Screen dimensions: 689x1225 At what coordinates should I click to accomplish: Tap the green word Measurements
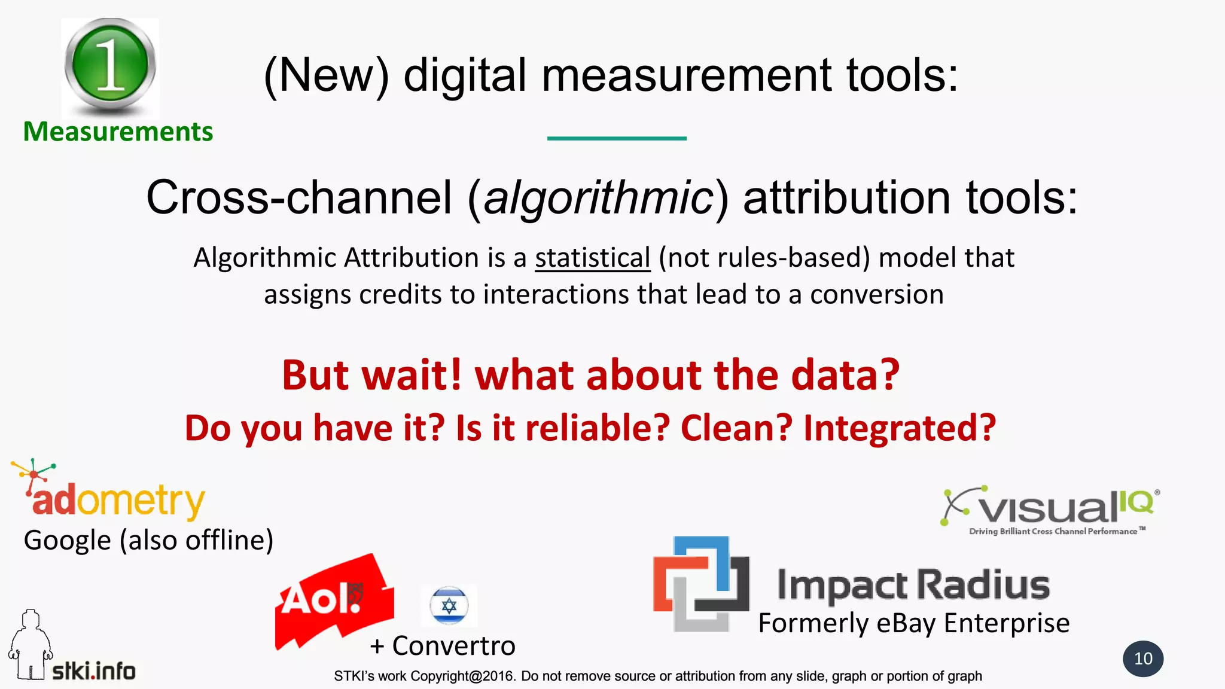[x=118, y=132]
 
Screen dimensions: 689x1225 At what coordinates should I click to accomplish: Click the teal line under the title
[x=617, y=138]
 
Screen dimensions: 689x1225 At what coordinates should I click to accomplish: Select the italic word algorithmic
[x=598, y=198]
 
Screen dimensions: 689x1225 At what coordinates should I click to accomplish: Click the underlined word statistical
[x=592, y=258]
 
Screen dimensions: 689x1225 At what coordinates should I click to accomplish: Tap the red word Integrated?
[x=899, y=428]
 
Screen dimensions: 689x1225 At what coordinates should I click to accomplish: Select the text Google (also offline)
[x=148, y=540]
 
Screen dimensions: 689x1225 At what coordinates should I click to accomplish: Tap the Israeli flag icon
[x=449, y=605]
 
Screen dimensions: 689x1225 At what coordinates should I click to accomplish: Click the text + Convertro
[x=443, y=646]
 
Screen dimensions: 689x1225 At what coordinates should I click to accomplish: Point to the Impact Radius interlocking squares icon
[x=700, y=584]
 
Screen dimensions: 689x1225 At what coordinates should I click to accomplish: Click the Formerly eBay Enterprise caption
[x=913, y=623]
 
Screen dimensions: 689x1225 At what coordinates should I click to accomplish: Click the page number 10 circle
[x=1142, y=658]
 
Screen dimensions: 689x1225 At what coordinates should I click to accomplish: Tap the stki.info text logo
[x=94, y=671]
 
